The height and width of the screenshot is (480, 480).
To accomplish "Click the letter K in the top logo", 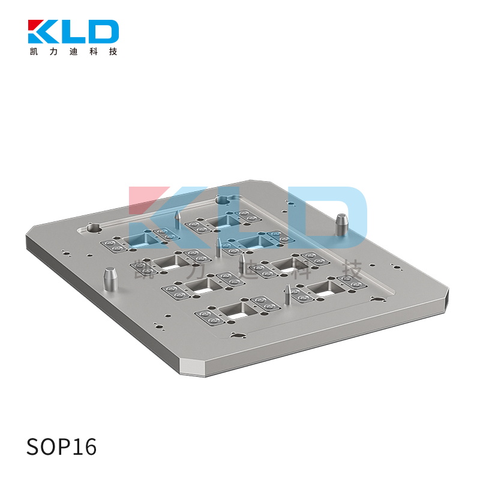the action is point(43,32).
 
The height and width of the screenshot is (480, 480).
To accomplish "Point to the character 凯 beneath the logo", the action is point(34,52).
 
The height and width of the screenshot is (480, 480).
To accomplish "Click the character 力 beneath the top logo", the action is point(53,52).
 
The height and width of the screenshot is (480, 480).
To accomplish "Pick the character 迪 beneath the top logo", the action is point(73,52).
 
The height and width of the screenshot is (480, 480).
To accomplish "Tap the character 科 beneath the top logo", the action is point(94,52).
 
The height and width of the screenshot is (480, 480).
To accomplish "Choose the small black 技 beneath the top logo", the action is point(113,52).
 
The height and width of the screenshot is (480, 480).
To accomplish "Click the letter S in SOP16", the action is point(34,446).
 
